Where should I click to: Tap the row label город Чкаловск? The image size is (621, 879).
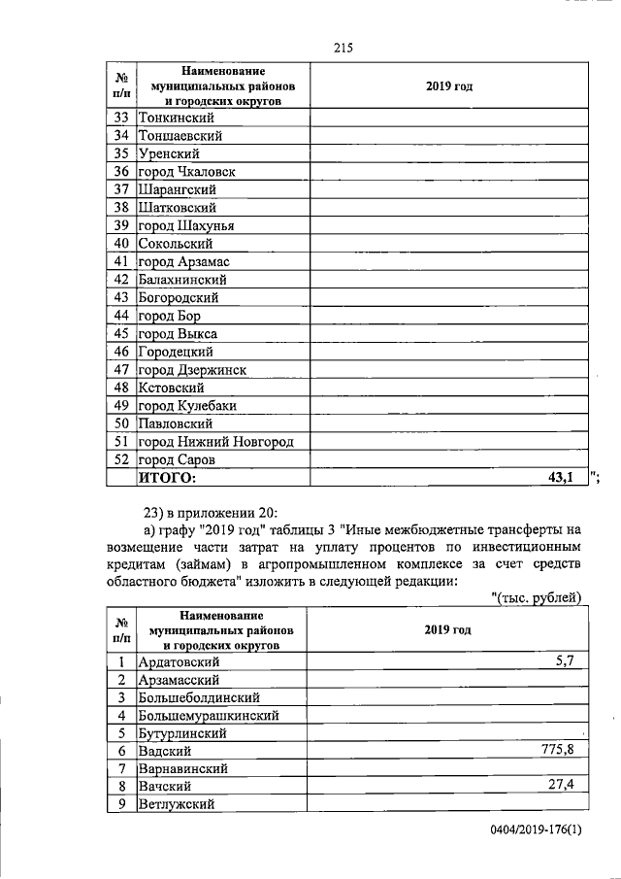tap(186, 172)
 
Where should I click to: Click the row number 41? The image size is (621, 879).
tap(121, 261)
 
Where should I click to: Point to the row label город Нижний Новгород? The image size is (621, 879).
tap(215, 442)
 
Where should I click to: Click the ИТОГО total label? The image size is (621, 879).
tap(167, 477)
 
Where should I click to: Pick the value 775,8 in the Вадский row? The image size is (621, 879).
tap(558, 749)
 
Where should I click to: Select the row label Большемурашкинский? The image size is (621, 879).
tap(210, 715)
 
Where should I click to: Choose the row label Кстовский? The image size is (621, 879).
tap(170, 388)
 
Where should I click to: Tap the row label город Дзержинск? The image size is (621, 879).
tap(192, 370)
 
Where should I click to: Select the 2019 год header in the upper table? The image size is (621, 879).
tap(448, 86)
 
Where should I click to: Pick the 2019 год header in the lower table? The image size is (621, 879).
tap(447, 629)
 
